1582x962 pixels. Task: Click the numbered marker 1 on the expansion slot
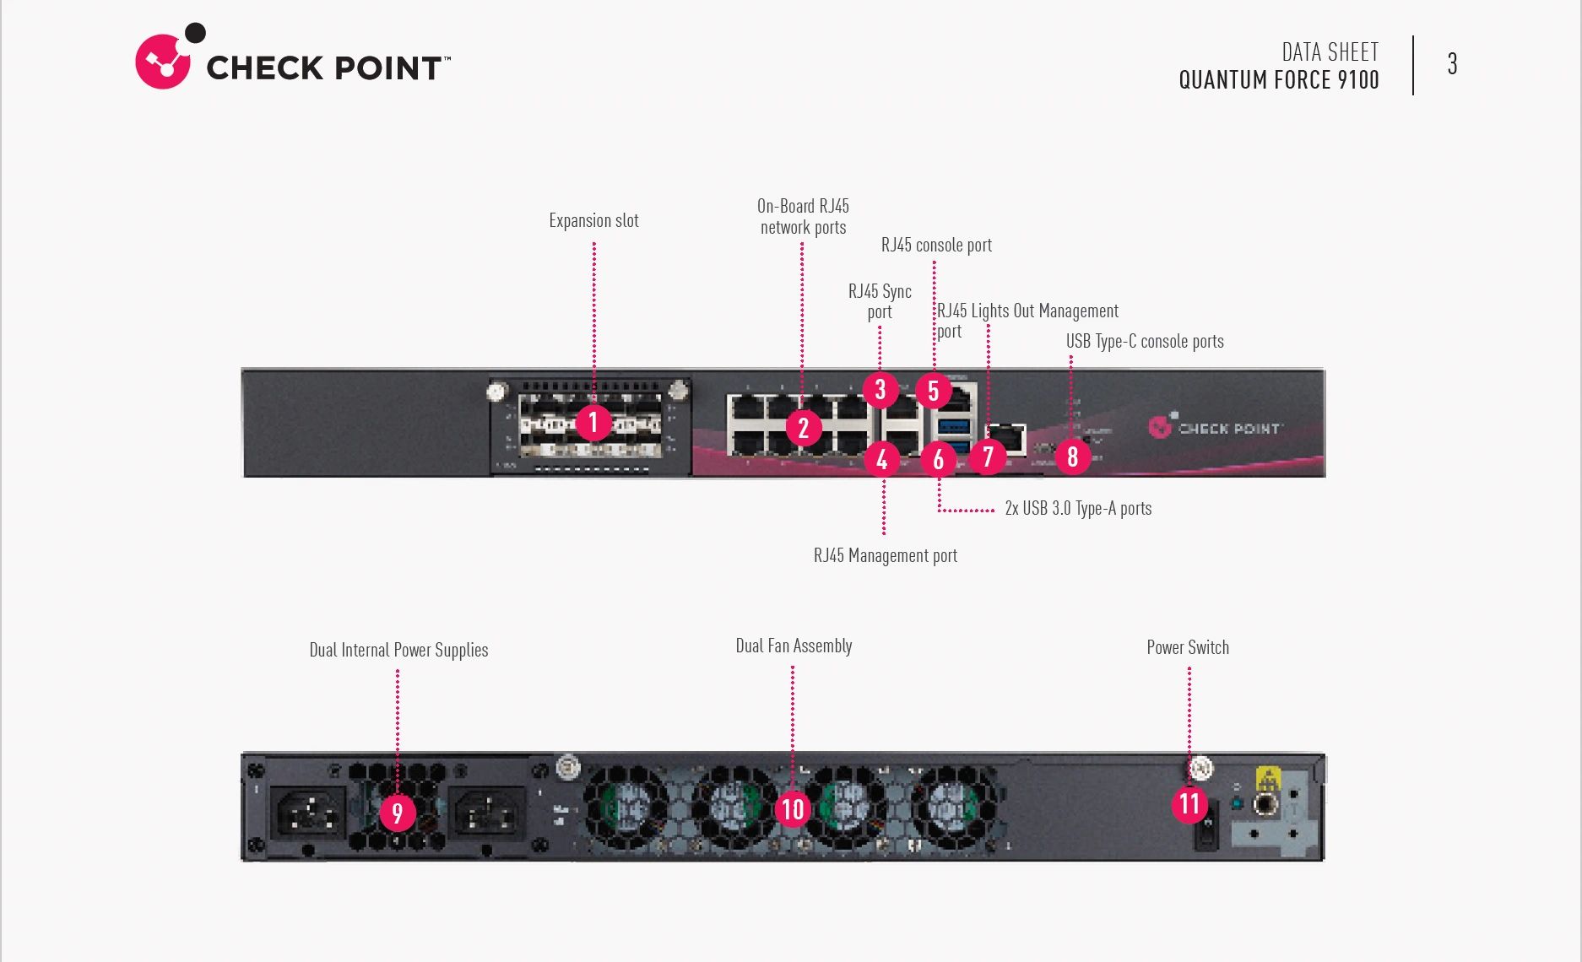593,421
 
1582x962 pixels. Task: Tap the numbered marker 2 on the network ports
803,428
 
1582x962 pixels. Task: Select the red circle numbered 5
933,391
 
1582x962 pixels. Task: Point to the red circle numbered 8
1072,457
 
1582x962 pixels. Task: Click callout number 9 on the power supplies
397,813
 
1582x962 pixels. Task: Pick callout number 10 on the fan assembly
792,809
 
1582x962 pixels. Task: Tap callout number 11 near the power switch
1189,803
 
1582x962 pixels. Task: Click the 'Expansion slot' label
593,221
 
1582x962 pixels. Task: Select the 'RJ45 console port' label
936,246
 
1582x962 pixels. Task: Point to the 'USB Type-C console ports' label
1144,342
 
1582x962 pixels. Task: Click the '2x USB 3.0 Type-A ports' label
1077,509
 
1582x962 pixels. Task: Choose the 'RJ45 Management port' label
885,556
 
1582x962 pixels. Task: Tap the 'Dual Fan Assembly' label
794,646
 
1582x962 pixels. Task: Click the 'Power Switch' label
1187,648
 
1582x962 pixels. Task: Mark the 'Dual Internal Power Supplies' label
398,651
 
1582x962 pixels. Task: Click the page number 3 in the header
1452,64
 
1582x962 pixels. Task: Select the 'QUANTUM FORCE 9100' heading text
1278,80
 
